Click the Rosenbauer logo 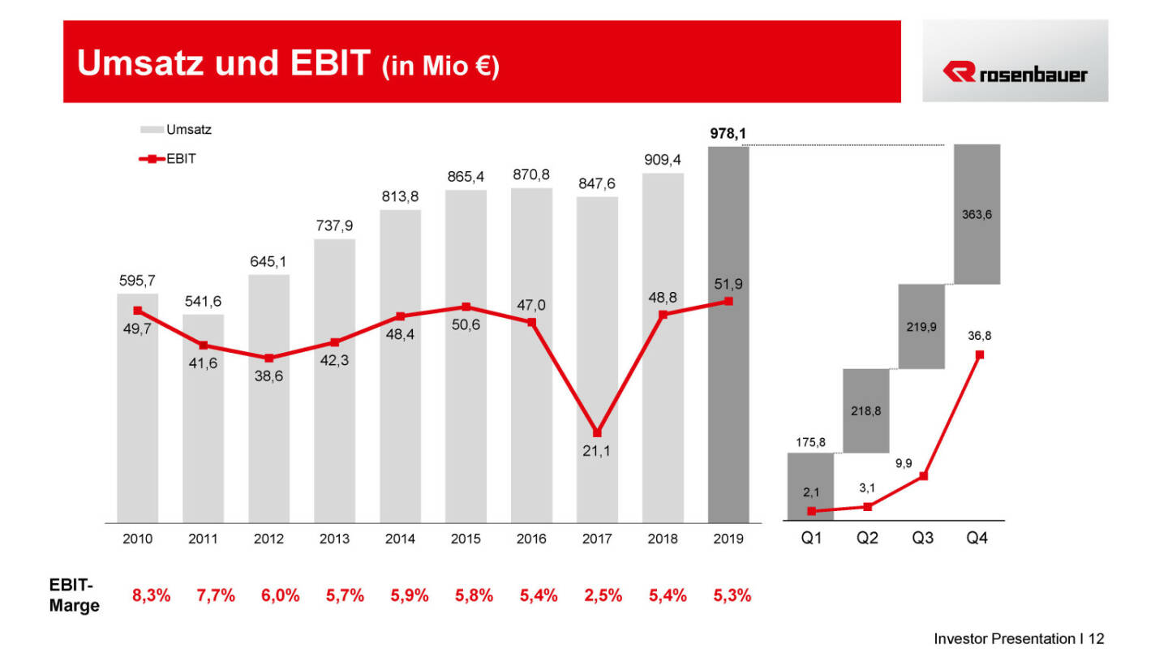pyautogui.click(x=1015, y=74)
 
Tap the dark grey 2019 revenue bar pyautogui.click(x=728, y=406)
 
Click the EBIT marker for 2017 pyautogui.click(x=597, y=432)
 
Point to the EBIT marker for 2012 pyautogui.click(x=268, y=358)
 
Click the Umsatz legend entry pyautogui.click(x=176, y=129)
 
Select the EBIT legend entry pyautogui.click(x=168, y=159)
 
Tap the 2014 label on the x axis pyautogui.click(x=400, y=539)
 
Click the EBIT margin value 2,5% pyautogui.click(x=603, y=596)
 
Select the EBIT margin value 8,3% pyautogui.click(x=152, y=596)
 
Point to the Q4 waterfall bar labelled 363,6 pyautogui.click(x=977, y=214)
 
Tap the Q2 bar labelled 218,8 pyautogui.click(x=866, y=410)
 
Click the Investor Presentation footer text pyautogui.click(x=1018, y=639)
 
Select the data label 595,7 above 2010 pyautogui.click(x=136, y=281)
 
